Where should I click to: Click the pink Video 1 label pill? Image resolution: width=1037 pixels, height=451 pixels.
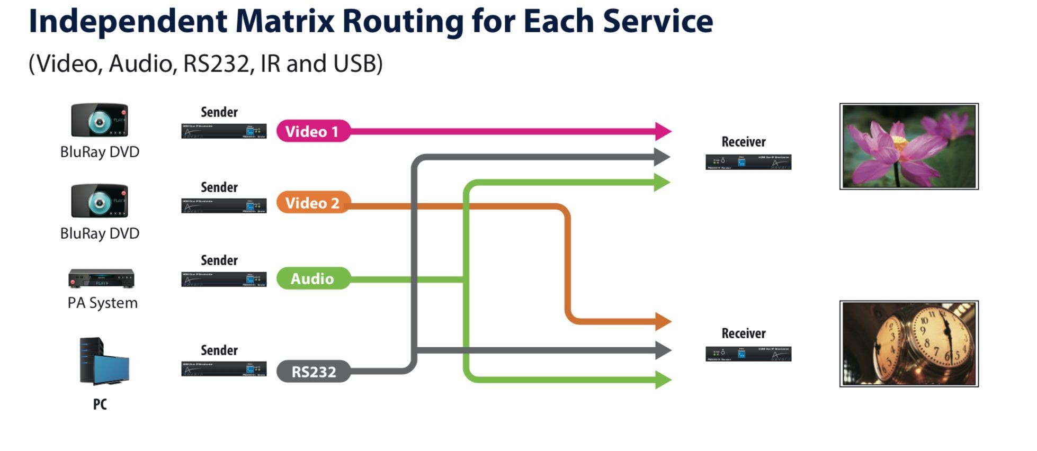tap(312, 131)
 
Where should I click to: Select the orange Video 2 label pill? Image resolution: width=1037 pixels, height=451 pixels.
tap(312, 203)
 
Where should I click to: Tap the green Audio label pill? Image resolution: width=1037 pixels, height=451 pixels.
tap(312, 278)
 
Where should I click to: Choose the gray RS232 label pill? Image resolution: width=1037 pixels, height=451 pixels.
tap(314, 372)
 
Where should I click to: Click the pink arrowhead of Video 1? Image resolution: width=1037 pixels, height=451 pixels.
tap(663, 131)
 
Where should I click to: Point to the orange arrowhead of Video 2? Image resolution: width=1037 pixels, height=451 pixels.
tap(663, 321)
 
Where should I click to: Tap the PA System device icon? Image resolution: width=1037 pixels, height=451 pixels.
tap(101, 278)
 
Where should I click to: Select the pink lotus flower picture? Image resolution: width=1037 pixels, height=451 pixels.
tap(909, 147)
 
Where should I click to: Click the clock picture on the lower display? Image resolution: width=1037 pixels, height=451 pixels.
tap(909, 344)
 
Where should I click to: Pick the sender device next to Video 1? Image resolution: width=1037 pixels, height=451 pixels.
tap(224, 131)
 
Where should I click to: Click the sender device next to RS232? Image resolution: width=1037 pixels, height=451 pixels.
tap(224, 369)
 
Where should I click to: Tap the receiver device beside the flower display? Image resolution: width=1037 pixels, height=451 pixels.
tap(748, 162)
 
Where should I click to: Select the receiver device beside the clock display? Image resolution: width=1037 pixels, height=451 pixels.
tap(748, 354)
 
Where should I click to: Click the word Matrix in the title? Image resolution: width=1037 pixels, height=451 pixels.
tap(284, 21)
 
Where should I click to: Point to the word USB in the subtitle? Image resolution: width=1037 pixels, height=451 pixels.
tap(355, 64)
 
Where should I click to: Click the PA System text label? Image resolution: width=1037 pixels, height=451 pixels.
tap(102, 303)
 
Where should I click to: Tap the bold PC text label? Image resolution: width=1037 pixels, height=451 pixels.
tap(100, 404)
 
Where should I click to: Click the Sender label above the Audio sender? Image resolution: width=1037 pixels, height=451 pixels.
tap(219, 260)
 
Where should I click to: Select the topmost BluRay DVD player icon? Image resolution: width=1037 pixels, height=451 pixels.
tap(100, 120)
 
